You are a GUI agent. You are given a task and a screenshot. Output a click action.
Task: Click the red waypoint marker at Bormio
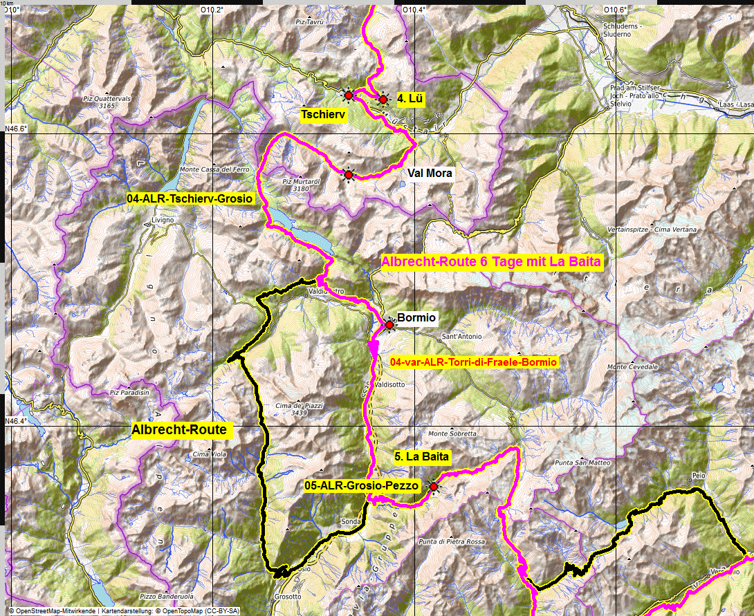point(389,324)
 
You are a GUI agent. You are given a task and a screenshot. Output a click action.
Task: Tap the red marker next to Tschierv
point(349,95)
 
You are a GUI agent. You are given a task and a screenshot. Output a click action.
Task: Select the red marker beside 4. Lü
point(383,100)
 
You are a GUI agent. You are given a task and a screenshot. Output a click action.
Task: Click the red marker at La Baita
point(434,487)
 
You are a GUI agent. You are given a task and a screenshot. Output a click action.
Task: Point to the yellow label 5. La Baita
point(422,456)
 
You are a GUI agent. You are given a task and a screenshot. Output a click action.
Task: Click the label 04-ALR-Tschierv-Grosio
point(190,198)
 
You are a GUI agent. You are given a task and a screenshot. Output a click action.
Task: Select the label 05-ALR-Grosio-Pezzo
point(362,486)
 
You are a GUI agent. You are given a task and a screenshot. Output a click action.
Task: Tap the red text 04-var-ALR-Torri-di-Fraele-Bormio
point(473,362)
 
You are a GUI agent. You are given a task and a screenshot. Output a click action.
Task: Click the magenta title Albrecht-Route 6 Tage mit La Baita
point(491,261)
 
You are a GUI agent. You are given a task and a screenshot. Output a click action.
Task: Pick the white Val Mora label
point(430,174)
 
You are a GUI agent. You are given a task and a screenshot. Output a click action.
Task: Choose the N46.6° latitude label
point(15,129)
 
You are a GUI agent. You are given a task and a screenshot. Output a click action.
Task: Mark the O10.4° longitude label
point(414,10)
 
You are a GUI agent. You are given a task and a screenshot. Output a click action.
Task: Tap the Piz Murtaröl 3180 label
point(300,184)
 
